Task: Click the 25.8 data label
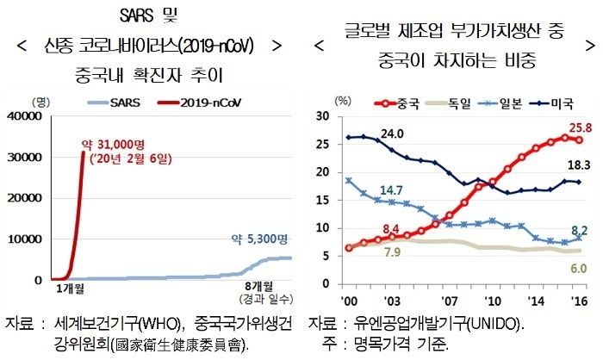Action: point(580,127)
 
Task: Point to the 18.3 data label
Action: point(579,164)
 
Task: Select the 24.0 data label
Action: point(393,133)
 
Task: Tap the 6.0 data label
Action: point(578,268)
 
